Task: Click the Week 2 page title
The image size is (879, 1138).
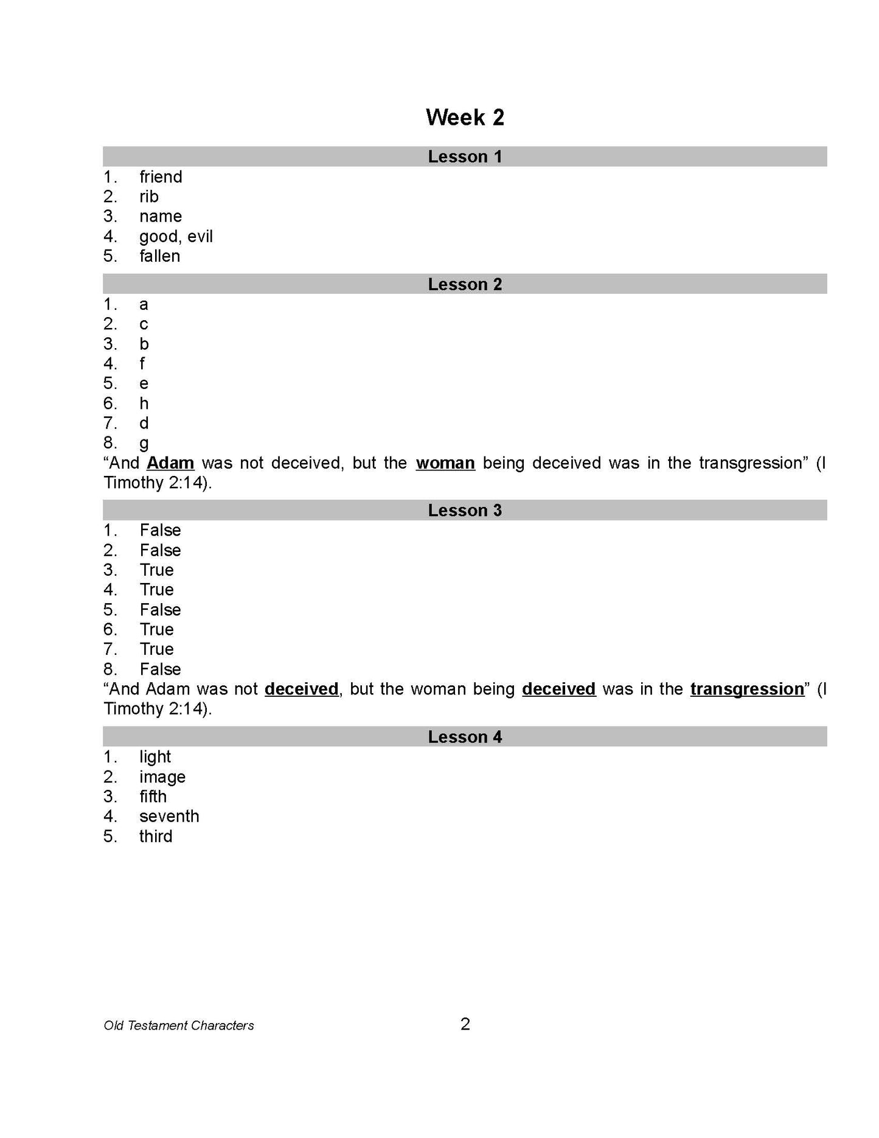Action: pos(465,117)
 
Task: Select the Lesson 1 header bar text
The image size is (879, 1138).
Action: pos(465,157)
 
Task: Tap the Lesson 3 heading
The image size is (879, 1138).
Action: pos(465,511)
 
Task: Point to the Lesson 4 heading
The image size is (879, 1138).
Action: pos(465,737)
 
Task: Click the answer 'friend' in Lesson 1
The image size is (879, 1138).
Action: pos(161,177)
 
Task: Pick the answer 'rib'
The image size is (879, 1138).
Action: pos(149,197)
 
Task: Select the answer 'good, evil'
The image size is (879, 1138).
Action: pos(176,236)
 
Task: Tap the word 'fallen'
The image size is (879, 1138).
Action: pos(159,256)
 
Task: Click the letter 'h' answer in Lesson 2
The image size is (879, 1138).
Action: pos(144,403)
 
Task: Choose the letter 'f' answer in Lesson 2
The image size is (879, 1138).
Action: pos(142,364)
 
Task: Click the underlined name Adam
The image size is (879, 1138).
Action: pos(170,463)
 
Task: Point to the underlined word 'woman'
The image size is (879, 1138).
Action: pos(445,463)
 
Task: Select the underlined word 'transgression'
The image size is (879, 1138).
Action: pos(747,689)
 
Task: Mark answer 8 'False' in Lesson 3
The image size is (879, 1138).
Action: pos(160,669)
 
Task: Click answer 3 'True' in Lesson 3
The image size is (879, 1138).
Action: pos(156,570)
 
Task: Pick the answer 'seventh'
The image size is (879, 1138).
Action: pos(169,816)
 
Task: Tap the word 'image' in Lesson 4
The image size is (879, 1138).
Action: pos(162,777)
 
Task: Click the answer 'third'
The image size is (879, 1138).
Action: pos(156,836)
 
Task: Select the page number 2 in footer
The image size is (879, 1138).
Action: pos(465,1025)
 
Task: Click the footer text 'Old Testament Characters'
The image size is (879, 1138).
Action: pos(179,1025)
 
